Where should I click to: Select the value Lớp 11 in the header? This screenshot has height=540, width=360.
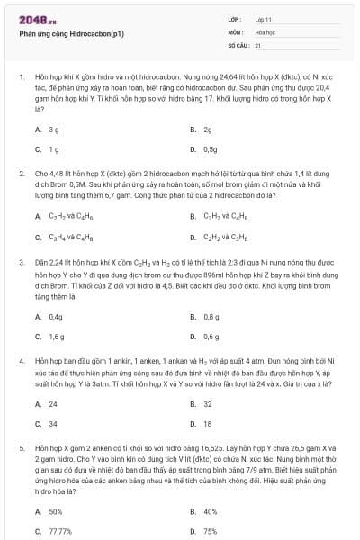pyautogui.click(x=263, y=19)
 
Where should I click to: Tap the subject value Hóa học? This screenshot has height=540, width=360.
pyautogui.click(x=265, y=31)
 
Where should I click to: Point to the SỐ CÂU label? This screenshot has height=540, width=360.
pyautogui.click(x=238, y=44)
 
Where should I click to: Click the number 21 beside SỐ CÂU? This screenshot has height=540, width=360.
pyautogui.click(x=258, y=44)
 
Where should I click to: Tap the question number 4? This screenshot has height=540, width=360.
pyautogui.click(x=21, y=358)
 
